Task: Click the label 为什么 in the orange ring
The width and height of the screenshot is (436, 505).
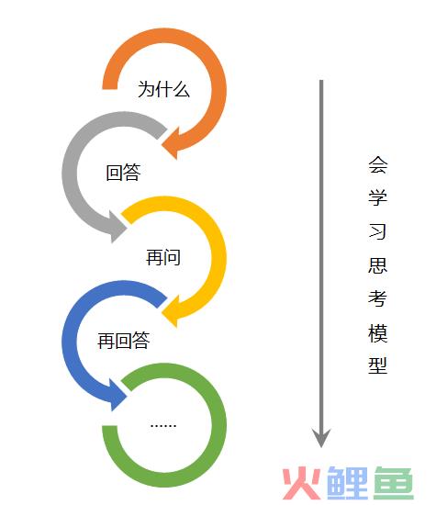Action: click(163, 89)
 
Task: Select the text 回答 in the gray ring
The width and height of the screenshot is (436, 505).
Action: click(123, 172)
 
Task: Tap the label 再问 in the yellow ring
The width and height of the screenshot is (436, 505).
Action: click(163, 257)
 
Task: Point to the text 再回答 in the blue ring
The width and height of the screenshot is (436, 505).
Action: click(123, 341)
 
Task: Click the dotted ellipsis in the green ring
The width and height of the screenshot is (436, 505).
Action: click(163, 426)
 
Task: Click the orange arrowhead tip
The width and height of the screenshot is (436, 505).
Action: click(162, 145)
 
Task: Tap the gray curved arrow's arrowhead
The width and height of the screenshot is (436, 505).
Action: click(127, 228)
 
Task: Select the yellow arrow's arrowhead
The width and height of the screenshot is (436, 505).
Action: click(162, 313)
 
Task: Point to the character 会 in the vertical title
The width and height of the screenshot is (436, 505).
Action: click(378, 165)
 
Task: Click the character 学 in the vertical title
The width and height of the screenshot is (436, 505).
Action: click(378, 197)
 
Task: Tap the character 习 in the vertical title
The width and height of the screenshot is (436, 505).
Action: click(378, 231)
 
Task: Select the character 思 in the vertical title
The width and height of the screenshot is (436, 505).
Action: click(378, 265)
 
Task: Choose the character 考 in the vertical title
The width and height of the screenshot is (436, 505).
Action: click(378, 298)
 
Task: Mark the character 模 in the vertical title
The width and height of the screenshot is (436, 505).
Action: click(378, 332)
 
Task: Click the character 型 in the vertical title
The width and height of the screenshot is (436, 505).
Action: click(378, 365)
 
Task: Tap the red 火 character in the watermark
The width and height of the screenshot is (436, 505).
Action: click(302, 483)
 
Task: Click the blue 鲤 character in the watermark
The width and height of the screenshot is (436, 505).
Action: click(347, 483)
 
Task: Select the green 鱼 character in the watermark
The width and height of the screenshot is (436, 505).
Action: click(394, 483)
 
